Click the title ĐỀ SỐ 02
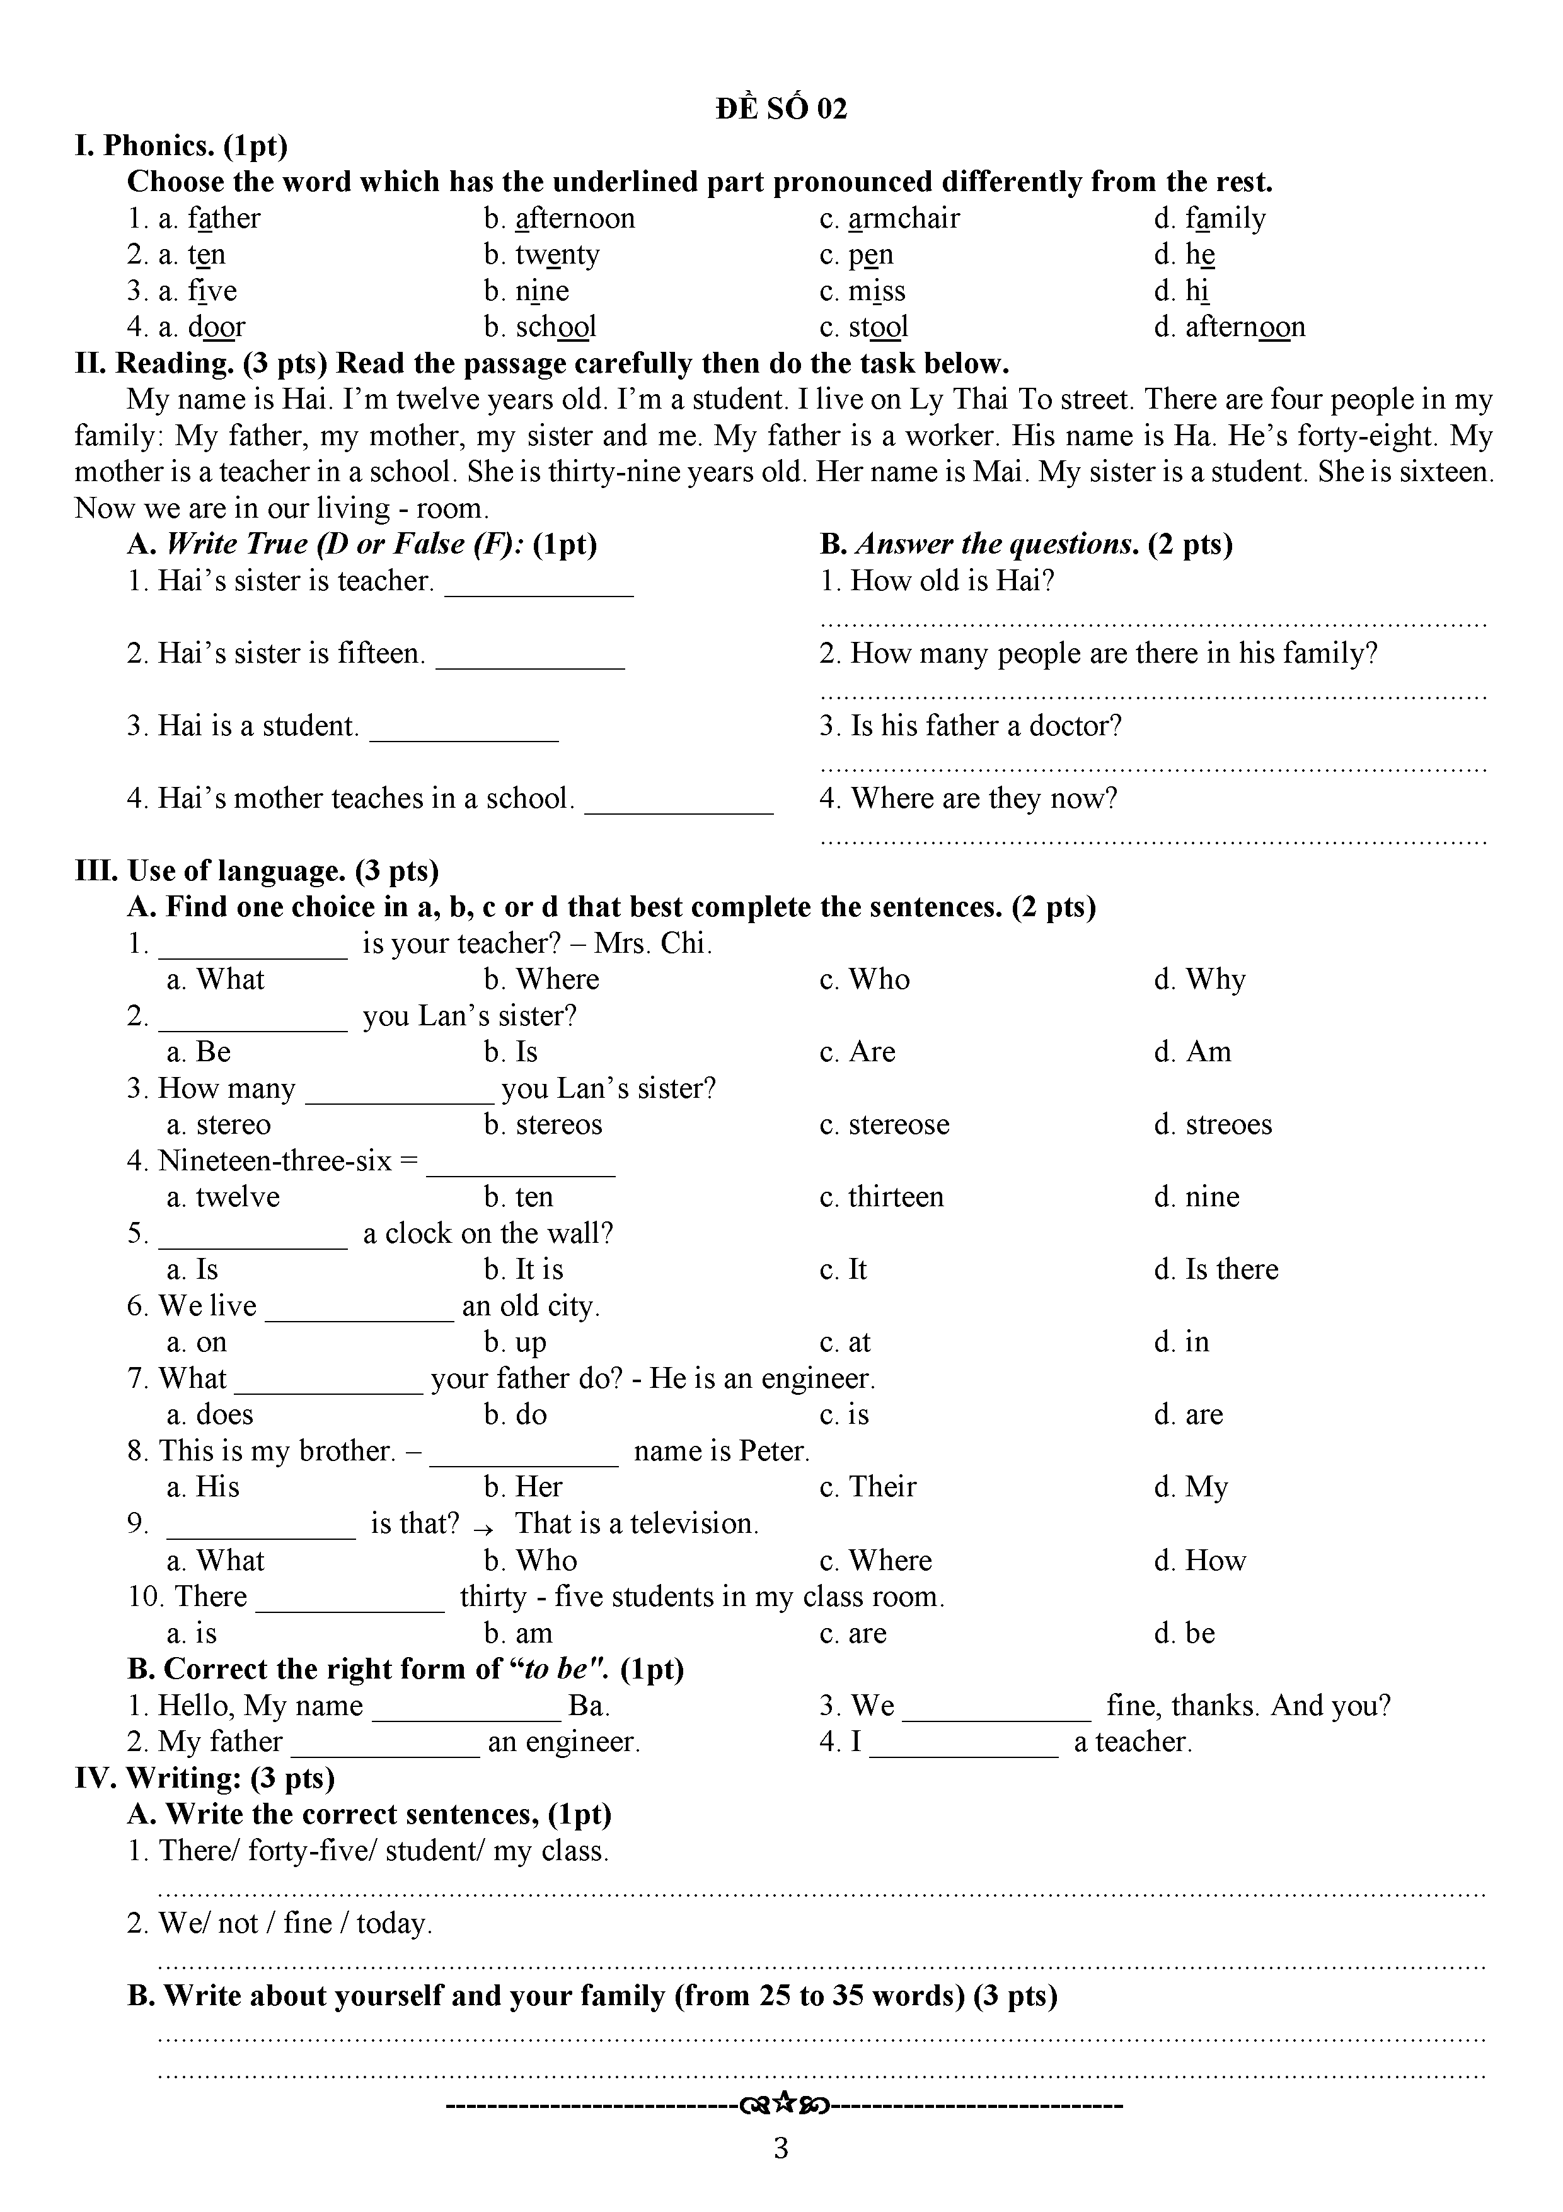tap(781, 109)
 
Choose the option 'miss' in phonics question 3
tap(877, 291)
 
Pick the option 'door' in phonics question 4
tap(217, 327)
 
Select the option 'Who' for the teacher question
tap(879, 980)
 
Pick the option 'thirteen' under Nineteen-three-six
tap(896, 1197)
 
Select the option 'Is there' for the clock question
tap(1231, 1270)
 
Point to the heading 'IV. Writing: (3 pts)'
tap(204, 1778)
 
